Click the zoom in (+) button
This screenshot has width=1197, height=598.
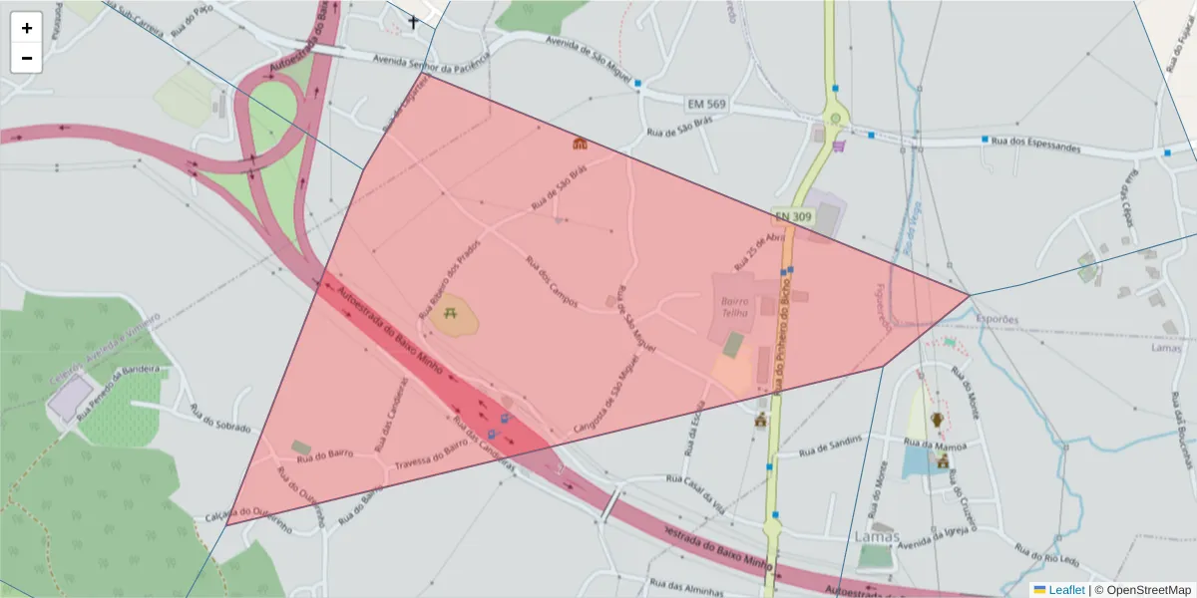point(27,28)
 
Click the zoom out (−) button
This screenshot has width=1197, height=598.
point(27,58)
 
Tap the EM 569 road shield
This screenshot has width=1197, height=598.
point(706,105)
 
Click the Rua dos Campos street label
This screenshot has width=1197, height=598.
point(552,280)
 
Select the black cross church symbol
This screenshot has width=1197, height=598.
point(413,21)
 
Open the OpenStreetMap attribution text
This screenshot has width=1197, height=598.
point(1142,590)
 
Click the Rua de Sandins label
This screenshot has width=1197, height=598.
point(830,446)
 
